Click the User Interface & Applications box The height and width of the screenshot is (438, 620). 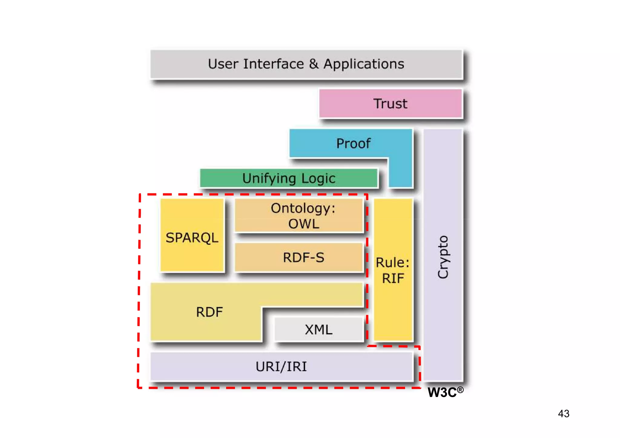point(306,64)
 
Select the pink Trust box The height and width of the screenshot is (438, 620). point(390,104)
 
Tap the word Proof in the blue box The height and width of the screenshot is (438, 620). point(353,143)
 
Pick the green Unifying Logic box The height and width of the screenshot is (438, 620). point(289,178)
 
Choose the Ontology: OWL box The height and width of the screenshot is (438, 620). point(299,216)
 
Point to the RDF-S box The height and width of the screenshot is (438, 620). point(299,258)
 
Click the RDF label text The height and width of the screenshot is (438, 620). point(209,312)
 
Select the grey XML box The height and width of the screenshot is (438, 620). point(318,330)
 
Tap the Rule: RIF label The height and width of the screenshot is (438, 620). point(393,270)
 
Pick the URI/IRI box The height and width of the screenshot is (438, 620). point(281,367)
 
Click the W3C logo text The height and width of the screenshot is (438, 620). point(442,393)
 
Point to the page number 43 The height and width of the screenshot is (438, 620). point(563,413)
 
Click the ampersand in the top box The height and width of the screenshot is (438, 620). point(314,64)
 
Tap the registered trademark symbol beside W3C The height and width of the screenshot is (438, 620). point(460,390)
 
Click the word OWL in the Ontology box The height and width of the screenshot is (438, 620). point(304,224)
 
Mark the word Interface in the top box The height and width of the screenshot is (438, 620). point(273,64)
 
